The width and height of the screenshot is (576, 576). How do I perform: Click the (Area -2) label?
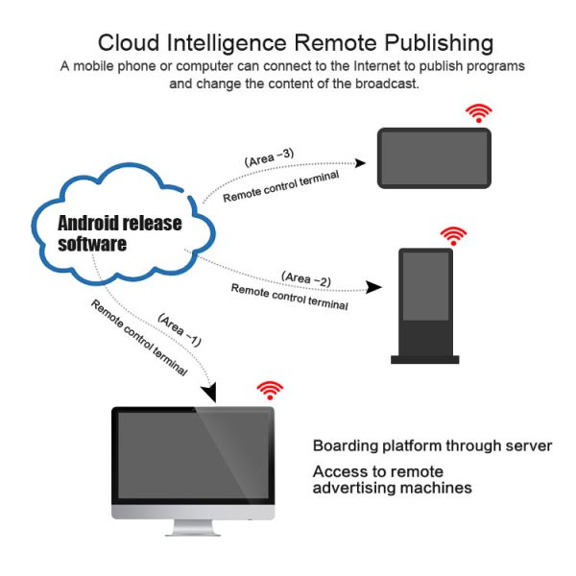[x=306, y=279]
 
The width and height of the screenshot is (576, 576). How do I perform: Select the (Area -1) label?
[x=180, y=329]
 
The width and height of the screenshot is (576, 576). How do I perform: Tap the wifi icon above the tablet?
[x=477, y=113]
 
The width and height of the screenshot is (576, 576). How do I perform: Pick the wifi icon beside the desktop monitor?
[x=271, y=389]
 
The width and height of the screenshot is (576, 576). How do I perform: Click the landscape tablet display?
[x=435, y=157]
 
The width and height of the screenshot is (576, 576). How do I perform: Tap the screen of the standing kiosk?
[x=424, y=287]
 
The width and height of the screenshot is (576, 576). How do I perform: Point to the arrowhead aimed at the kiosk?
[x=375, y=286]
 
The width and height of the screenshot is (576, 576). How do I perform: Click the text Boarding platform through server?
[x=432, y=446]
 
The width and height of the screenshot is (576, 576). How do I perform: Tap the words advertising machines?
[x=392, y=488]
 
